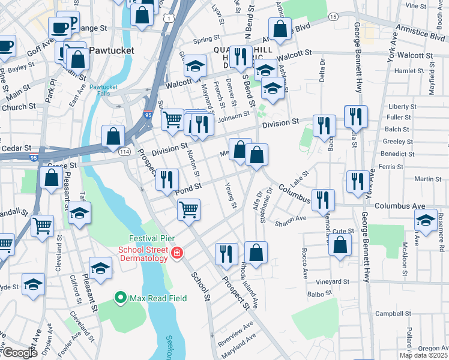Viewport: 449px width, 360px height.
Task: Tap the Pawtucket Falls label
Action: click(104, 91)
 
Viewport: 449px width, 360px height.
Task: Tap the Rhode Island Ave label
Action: click(249, 281)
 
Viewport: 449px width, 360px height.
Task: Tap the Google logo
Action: click(19, 353)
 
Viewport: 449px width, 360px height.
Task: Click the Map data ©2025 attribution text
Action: click(423, 355)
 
